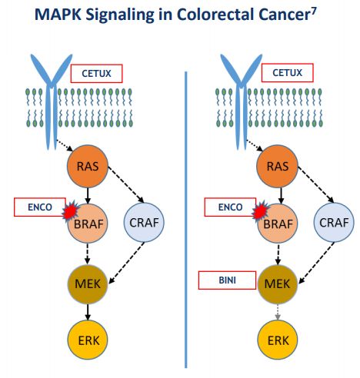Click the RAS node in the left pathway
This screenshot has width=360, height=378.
[88, 166]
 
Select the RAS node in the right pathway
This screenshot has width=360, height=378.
[277, 166]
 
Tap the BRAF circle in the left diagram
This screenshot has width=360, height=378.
[88, 223]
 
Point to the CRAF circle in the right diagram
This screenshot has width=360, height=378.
[334, 222]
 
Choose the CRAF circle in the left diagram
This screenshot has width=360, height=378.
[144, 222]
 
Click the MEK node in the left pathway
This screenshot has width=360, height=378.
[88, 284]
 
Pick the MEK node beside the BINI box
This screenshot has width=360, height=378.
[277, 284]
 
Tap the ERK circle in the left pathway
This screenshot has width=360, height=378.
[88, 340]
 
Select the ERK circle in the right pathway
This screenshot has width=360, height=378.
[278, 340]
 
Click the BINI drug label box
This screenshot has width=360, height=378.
[227, 280]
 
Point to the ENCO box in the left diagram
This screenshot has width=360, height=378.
[40, 207]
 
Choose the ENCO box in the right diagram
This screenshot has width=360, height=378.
[230, 207]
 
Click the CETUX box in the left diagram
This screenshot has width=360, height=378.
[96, 74]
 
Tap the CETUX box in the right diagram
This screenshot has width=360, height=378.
[287, 73]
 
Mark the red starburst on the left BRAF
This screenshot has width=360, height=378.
[70, 210]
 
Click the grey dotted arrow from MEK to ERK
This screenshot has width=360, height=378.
[277, 312]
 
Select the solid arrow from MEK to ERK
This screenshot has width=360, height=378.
[88, 312]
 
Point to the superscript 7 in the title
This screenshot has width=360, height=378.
[314, 11]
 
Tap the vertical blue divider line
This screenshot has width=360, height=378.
[186, 220]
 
